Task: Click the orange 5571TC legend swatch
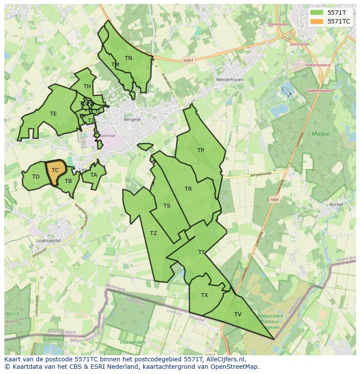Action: click(317, 21)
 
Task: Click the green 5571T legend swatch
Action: click(317, 13)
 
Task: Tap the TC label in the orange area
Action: click(55, 170)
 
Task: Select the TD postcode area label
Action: click(36, 177)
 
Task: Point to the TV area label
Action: click(238, 314)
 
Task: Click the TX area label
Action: click(204, 295)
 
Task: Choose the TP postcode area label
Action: click(200, 150)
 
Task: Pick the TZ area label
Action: click(153, 233)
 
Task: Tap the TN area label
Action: click(128, 58)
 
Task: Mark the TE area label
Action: click(53, 114)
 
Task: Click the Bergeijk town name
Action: click(132, 119)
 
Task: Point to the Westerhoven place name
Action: click(230, 80)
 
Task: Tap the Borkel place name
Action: click(337, 204)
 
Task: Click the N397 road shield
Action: click(188, 61)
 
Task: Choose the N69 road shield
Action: click(274, 200)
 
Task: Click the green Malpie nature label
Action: click(320, 134)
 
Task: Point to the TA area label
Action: click(94, 175)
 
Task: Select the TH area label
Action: click(87, 86)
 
